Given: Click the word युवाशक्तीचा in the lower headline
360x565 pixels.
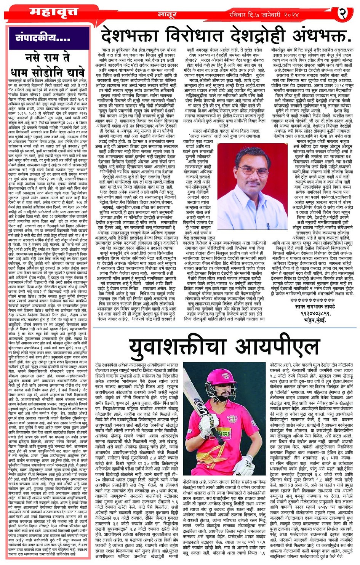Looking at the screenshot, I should pos(179,346).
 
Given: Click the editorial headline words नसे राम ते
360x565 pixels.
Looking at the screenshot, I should pos(48,58).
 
